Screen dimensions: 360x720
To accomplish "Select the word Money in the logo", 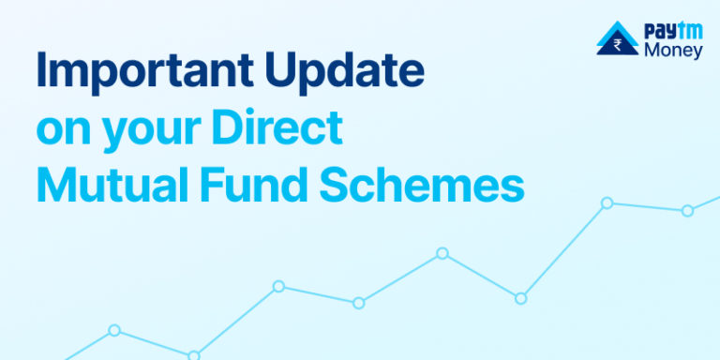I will click(x=673, y=51).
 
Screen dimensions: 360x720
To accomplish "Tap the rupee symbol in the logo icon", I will click(x=619, y=43).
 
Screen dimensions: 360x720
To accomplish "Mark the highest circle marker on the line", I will click(x=607, y=202).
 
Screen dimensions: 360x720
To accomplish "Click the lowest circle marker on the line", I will click(x=194, y=356).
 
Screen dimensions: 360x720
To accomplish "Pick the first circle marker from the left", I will click(x=114, y=330).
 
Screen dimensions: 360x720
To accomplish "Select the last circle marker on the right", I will click(x=687, y=210).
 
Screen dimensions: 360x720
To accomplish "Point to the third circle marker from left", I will click(x=278, y=286).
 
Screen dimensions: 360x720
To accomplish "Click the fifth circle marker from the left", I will click(x=442, y=253).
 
